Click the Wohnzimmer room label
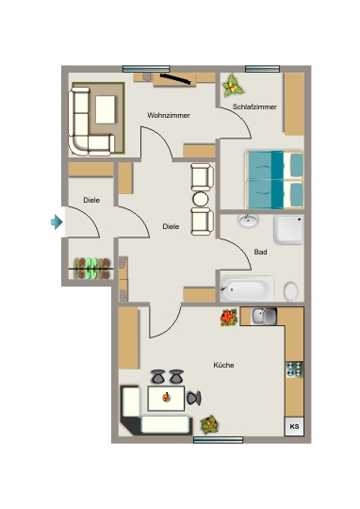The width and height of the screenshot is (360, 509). click(169, 115)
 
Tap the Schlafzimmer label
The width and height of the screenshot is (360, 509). click(254, 107)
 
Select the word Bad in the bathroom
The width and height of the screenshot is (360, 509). click(260, 252)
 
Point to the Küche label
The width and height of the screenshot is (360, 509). click(223, 365)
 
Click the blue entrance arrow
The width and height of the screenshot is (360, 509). click(57, 222)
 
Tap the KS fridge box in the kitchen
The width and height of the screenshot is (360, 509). click(294, 426)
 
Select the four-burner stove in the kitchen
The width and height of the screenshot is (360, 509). click(294, 369)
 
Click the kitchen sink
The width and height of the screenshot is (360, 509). click(265, 316)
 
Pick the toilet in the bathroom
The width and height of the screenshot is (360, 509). click(291, 291)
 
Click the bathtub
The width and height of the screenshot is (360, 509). click(247, 289)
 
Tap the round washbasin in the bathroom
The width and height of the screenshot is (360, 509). click(249, 221)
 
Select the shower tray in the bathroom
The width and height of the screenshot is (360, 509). click(289, 229)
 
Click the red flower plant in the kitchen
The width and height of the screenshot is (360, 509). click(229, 317)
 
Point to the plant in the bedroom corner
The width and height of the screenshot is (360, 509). click(233, 86)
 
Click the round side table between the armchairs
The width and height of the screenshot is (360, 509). click(201, 199)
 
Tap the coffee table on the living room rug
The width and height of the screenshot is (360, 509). click(106, 109)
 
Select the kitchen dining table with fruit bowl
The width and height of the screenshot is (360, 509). click(166, 399)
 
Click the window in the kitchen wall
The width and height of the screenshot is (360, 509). click(218, 440)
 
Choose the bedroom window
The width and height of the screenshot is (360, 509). click(263, 69)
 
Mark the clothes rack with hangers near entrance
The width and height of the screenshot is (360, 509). click(91, 269)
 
